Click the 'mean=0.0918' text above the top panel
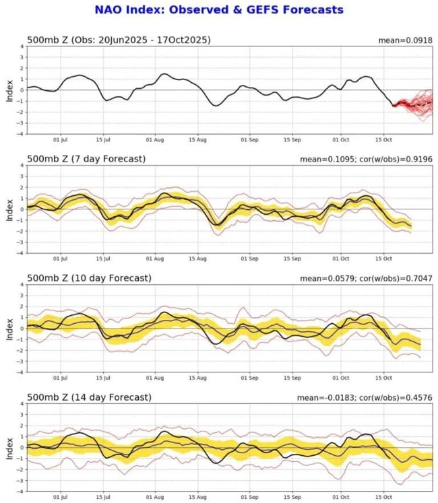403,40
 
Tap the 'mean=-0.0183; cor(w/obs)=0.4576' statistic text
362,398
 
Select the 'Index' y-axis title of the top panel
9,90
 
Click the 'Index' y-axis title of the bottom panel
9,447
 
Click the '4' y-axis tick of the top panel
22,46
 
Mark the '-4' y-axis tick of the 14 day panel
21,492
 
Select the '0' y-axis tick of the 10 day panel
22,329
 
